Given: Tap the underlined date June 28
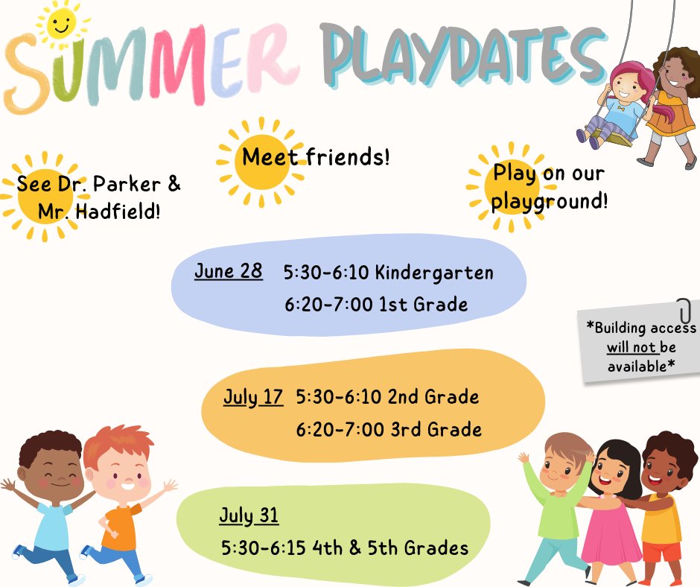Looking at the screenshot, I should point(229,270).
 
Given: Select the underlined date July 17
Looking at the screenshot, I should point(253,397).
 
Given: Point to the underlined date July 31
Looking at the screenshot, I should point(249,515).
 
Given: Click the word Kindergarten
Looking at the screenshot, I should point(434,273).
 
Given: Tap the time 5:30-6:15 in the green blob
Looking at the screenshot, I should point(264,548).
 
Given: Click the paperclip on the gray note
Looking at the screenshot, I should point(684,309).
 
